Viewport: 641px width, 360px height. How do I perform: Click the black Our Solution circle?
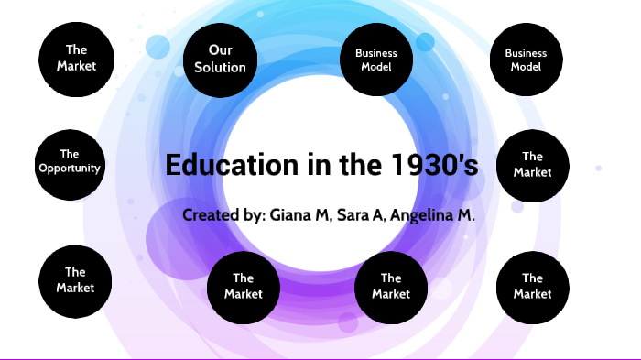221,59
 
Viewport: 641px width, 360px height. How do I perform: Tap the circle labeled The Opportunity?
70,162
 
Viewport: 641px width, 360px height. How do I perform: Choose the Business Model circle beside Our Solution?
375,60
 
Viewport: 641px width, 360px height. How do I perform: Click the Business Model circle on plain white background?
526,60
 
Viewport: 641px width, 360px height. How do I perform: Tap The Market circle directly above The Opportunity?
75,58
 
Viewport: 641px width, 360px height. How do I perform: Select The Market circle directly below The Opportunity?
75,279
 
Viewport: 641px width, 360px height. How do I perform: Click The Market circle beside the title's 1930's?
532,165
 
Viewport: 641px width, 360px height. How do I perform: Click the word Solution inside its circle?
221,67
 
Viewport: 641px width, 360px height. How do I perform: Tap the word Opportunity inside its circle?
70,169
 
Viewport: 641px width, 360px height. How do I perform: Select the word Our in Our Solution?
220,49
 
